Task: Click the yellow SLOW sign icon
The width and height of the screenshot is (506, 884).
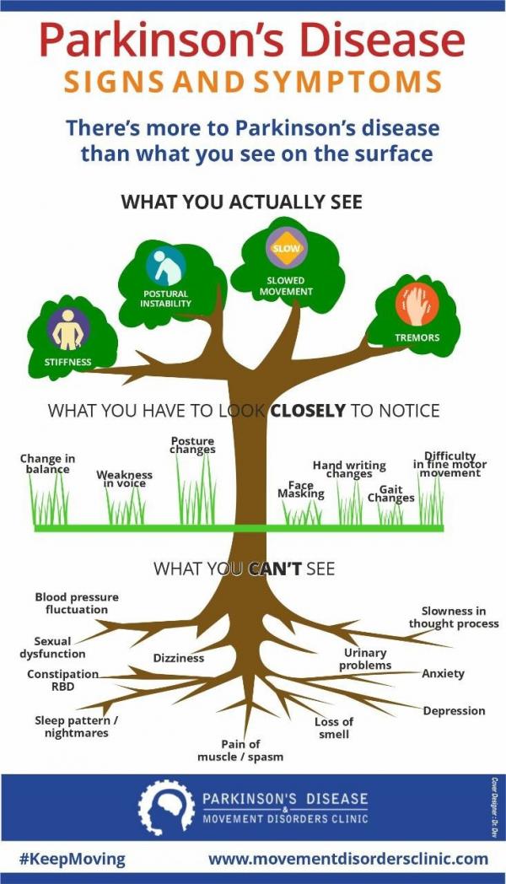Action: pos(285,248)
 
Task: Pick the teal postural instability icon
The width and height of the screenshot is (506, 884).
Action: pos(165,265)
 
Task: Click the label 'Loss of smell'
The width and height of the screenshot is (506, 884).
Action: pos(333,728)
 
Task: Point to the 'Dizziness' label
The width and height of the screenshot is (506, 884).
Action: pos(178,658)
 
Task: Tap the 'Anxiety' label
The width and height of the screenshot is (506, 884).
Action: pos(443,674)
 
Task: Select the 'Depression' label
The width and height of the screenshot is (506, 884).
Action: pos(454,711)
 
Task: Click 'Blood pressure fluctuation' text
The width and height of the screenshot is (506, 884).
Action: pos(76,603)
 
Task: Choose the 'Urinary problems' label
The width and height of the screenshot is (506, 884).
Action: pos(365,659)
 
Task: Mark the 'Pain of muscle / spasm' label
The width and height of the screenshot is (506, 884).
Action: pos(240,750)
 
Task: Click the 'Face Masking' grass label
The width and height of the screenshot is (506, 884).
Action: pos(301,490)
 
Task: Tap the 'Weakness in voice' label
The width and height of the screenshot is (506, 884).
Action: pos(125,479)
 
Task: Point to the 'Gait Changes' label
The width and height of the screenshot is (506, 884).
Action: pos(390,493)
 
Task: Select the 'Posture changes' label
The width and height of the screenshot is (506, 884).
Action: pos(192,445)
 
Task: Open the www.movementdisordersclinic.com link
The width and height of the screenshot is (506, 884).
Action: pos(348,859)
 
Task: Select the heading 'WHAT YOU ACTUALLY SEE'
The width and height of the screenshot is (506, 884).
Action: pos(241,202)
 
